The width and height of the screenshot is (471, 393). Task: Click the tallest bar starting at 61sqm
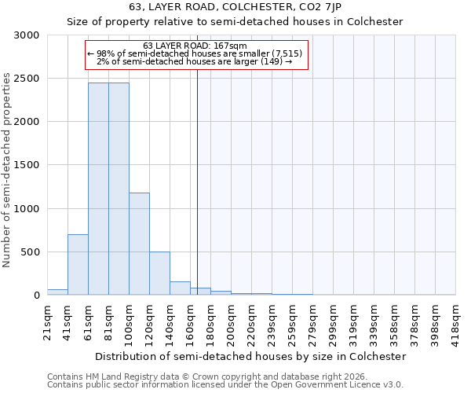[98, 189]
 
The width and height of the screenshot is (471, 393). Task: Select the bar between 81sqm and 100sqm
[119, 189]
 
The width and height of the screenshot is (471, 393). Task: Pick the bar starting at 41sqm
[78, 265]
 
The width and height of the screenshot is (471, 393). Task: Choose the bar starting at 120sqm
[159, 274]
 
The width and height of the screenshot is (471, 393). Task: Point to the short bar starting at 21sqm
[57, 292]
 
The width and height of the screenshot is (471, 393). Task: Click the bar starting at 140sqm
[180, 288]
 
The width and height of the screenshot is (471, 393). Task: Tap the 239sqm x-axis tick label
[272, 320]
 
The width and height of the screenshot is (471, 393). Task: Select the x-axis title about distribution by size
[250, 356]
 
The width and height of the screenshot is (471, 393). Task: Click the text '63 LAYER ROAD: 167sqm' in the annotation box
[195, 46]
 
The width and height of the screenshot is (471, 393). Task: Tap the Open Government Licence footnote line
[225, 385]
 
